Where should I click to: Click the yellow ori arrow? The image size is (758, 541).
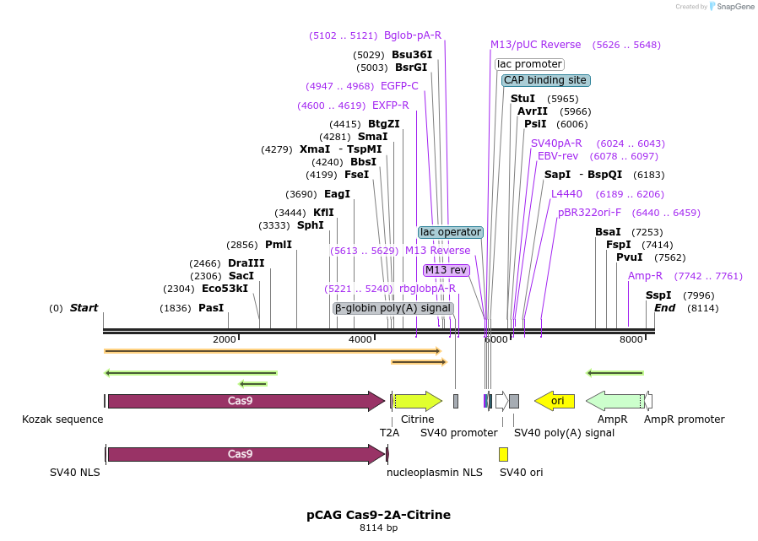click(555, 401)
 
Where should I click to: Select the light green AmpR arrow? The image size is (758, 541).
click(615, 401)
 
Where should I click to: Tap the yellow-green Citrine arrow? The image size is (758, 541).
click(418, 401)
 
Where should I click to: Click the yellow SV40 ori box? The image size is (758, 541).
click(503, 454)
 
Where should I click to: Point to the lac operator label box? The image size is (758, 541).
click(451, 232)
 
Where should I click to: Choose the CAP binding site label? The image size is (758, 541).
click(545, 80)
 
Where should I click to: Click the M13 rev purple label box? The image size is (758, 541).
click(447, 270)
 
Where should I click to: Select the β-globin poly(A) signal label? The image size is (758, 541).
click(393, 308)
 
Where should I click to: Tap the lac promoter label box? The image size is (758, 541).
click(529, 64)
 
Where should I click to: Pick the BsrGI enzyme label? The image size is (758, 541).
click(411, 68)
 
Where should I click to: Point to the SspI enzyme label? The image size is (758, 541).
click(658, 295)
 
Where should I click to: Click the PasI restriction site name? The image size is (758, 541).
click(211, 308)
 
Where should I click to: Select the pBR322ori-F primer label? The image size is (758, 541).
click(589, 213)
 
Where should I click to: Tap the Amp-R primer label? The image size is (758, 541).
click(645, 276)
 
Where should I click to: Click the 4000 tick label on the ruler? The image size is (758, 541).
click(360, 339)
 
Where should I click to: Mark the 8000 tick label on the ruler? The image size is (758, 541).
click(631, 339)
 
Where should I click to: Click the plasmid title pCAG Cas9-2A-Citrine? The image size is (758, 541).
click(378, 515)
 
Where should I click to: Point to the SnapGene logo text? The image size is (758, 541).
click(735, 7)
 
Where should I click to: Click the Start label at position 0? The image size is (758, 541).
click(84, 308)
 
